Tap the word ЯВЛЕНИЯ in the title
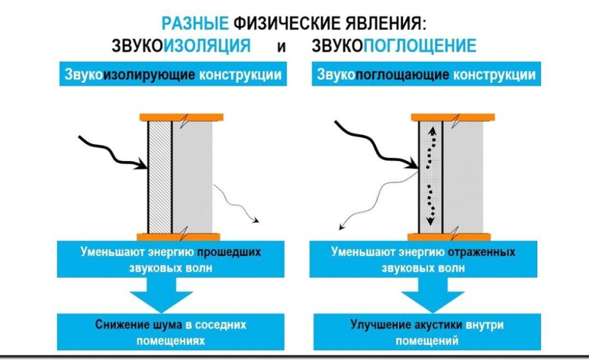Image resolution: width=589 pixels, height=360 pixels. [x=382, y=23]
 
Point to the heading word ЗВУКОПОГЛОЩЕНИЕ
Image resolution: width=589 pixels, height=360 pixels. [x=393, y=46]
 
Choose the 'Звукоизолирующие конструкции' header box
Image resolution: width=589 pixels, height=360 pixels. [x=173, y=75]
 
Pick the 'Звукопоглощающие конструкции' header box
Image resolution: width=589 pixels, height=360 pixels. [x=426, y=75]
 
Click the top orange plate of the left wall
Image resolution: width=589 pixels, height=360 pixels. [x=181, y=117]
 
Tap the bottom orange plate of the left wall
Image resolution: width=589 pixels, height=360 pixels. [x=181, y=236]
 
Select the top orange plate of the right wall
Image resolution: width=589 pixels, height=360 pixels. [x=451, y=117]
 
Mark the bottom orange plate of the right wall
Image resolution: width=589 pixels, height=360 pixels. [x=451, y=236]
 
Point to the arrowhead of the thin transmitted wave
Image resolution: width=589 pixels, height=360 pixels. [x=257, y=221]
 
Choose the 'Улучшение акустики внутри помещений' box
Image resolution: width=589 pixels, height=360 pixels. [x=429, y=332]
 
